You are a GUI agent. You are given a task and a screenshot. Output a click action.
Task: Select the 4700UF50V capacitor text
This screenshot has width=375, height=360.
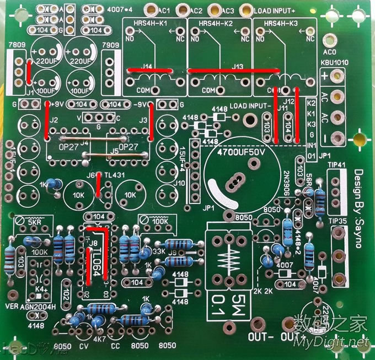[x=242, y=151]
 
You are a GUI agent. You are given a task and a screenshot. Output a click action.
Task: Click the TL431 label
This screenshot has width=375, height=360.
[x=114, y=174]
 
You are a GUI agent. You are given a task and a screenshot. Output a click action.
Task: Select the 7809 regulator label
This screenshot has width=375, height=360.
[x=17, y=44]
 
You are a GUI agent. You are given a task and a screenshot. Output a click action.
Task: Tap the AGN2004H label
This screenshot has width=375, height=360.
[x=39, y=307]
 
